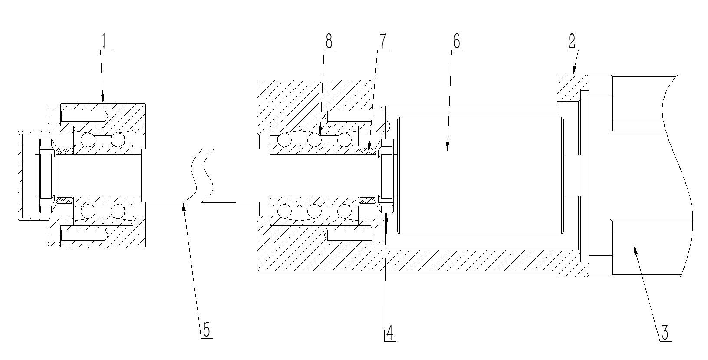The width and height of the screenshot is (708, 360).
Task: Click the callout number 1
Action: (x=104, y=42)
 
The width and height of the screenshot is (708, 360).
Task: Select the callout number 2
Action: (x=572, y=41)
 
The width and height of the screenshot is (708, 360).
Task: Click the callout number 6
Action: (x=456, y=42)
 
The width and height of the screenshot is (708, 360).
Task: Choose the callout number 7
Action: (x=382, y=42)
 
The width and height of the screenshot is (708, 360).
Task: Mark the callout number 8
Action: (x=329, y=42)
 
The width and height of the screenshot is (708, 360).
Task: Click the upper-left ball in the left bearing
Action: (x=88, y=140)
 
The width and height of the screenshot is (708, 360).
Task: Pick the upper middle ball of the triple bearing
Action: (x=314, y=139)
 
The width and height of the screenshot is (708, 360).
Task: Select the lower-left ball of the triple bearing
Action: (x=285, y=211)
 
